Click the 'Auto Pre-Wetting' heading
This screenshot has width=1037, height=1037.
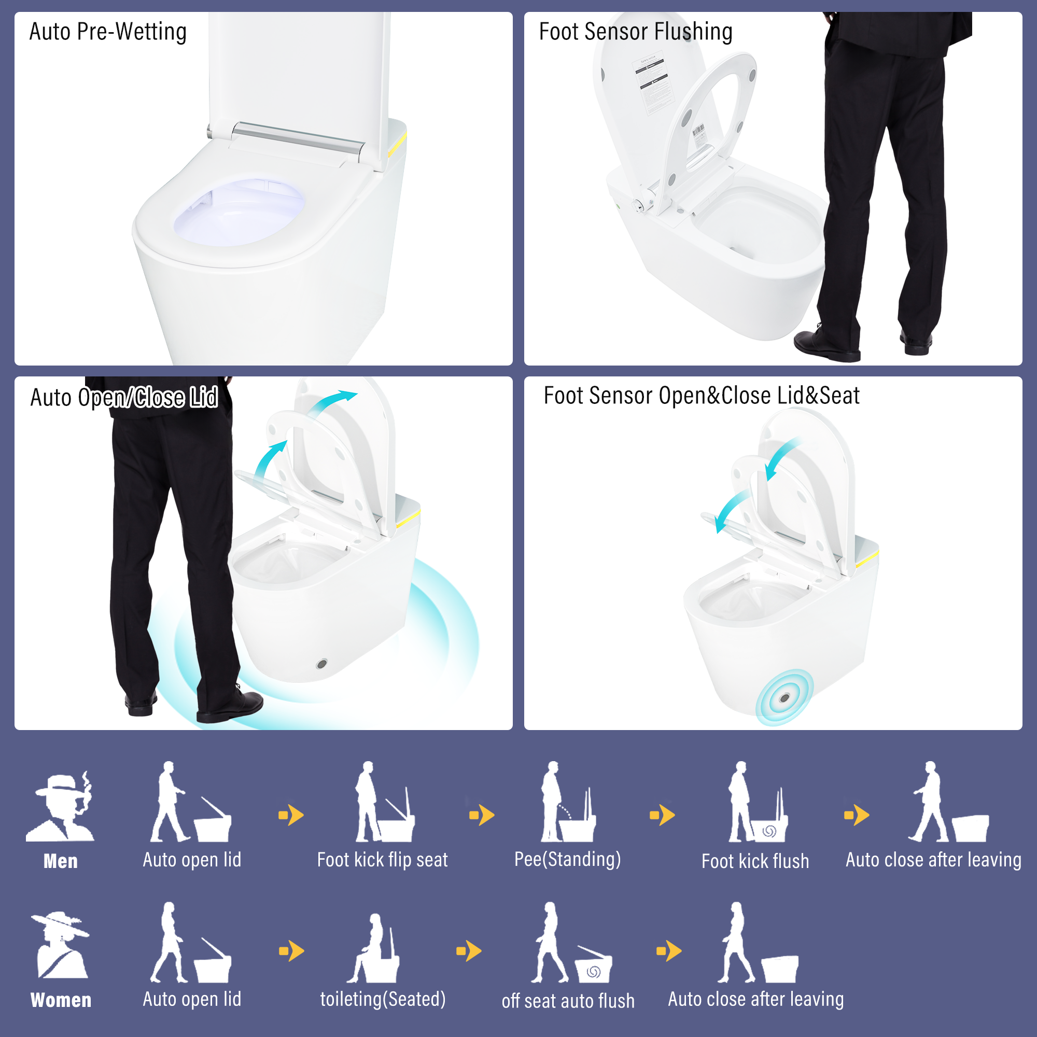(x=108, y=32)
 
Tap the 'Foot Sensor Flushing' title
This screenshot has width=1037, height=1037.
(x=636, y=32)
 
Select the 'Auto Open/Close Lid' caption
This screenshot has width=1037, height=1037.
(x=124, y=398)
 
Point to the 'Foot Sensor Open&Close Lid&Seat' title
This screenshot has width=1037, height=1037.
(x=702, y=396)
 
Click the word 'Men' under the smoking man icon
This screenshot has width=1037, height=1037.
(x=61, y=861)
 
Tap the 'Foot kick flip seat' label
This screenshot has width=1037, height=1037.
(x=382, y=860)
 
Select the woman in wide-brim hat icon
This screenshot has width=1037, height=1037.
(x=61, y=945)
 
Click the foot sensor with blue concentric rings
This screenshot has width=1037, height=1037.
(x=784, y=698)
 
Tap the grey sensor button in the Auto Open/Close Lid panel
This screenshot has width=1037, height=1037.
(x=322, y=664)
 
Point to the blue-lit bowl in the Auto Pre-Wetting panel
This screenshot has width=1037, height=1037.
(x=240, y=212)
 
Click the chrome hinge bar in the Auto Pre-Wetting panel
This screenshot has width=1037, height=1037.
(x=299, y=137)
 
